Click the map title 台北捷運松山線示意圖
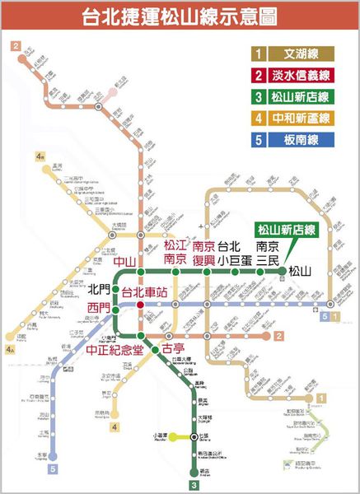click(x=180, y=17)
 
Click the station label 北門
click(x=99, y=291)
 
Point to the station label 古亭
click(x=173, y=350)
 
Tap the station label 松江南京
click(x=175, y=252)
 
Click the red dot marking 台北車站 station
click(x=141, y=304)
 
